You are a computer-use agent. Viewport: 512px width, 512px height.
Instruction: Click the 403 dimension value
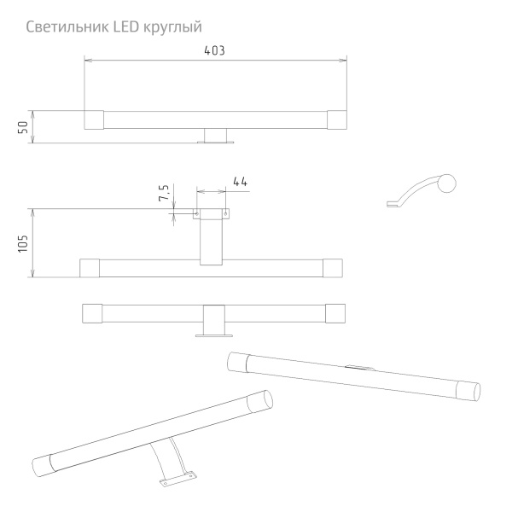(215, 51)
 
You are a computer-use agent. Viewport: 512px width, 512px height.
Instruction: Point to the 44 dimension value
(240, 182)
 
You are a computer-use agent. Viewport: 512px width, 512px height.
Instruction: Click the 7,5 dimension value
(163, 193)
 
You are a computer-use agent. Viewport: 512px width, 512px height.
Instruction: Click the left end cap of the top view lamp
(93, 120)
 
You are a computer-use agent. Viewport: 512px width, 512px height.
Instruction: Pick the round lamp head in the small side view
(446, 183)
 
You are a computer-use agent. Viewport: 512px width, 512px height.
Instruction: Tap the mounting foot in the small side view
(393, 203)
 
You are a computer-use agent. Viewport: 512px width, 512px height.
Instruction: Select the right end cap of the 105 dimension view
(333, 268)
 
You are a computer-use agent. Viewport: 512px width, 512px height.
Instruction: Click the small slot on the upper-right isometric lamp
(359, 369)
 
